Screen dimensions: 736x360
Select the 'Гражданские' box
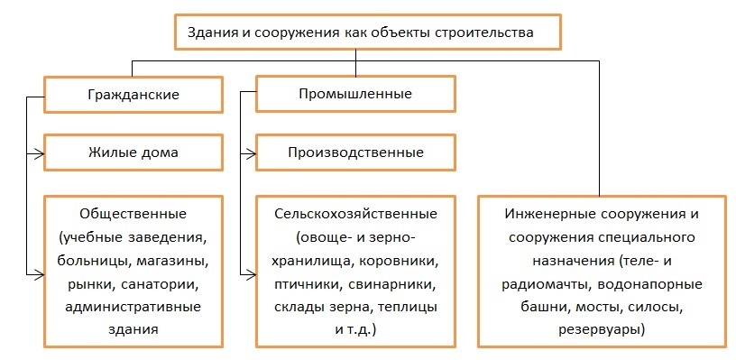[x=133, y=94]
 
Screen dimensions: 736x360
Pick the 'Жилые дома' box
[x=133, y=152]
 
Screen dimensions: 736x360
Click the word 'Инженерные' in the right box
[x=546, y=217]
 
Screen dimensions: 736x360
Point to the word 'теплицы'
[x=409, y=308]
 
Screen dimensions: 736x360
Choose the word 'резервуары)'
[x=603, y=330]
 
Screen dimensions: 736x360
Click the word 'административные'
[x=133, y=308]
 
